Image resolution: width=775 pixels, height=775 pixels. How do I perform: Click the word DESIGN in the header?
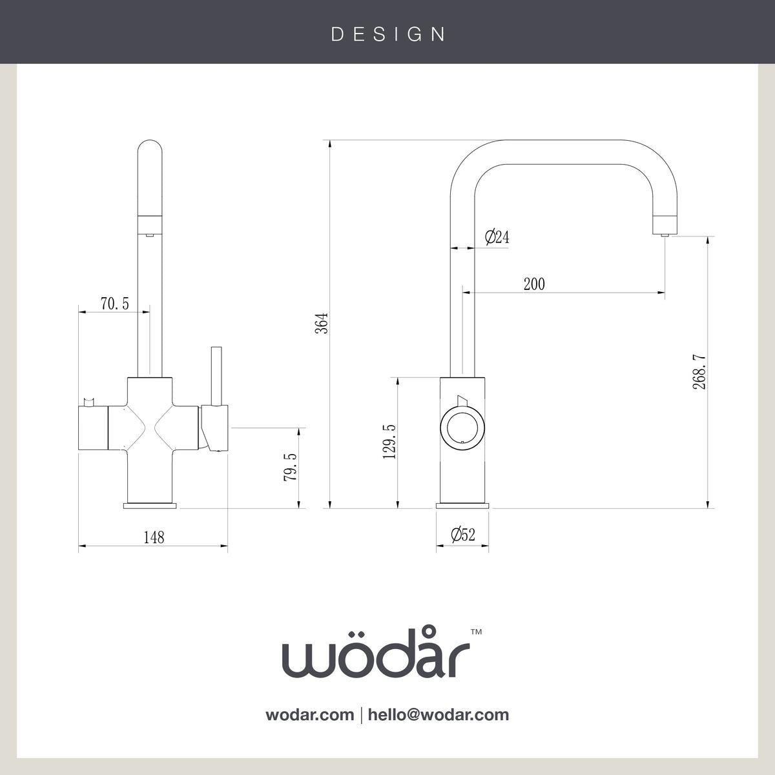pos(388,35)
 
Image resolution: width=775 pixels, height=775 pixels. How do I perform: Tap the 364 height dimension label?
pos(322,323)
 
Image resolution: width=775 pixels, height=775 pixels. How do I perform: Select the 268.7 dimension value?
pos(699,371)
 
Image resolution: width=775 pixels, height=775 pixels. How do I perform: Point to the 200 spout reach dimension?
pos(534,284)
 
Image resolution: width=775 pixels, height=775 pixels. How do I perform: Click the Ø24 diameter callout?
pos(497,237)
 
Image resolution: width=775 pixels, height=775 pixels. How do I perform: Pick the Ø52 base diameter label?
pos(463,535)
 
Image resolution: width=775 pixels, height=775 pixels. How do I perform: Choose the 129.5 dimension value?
pos(389,442)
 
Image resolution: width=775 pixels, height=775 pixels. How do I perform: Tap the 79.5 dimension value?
pos(290,467)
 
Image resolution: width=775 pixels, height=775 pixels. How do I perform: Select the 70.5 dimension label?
pos(114,304)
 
